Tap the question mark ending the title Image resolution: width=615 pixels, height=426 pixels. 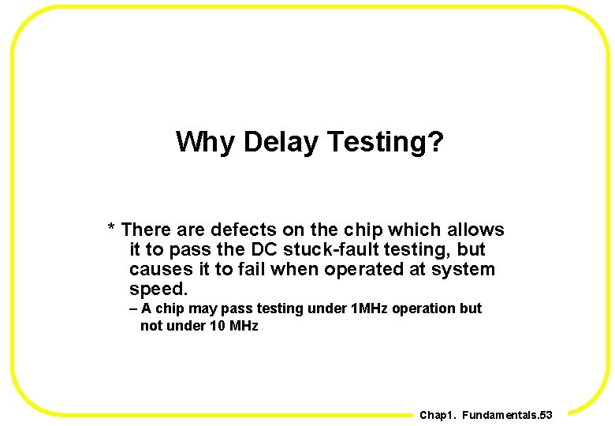point(437,142)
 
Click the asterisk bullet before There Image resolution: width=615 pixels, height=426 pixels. point(112,230)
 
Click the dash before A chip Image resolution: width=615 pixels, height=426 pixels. point(133,308)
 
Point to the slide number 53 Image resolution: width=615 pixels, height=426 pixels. point(544,415)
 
